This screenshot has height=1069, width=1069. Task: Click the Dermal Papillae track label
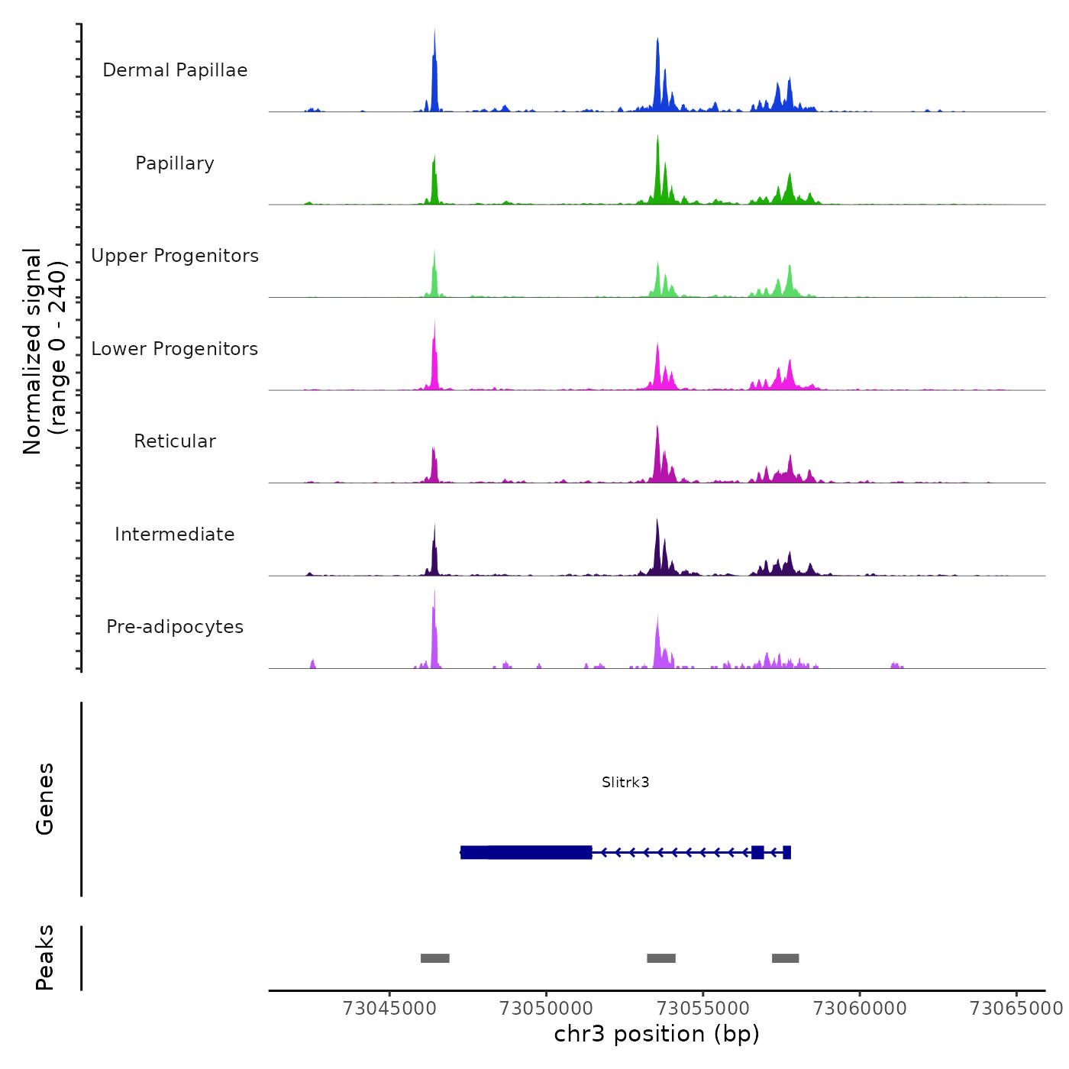tap(175, 70)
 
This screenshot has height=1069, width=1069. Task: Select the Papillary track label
tap(175, 163)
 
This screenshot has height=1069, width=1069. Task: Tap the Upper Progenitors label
tap(175, 256)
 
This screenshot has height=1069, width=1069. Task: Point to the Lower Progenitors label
tap(175, 349)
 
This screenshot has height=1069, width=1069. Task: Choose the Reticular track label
tap(175, 441)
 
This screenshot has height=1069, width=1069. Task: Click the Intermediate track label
tap(175, 534)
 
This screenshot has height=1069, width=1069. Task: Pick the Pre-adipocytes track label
tap(175, 627)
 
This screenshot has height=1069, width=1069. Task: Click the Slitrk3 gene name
tap(625, 782)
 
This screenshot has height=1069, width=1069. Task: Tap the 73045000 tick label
tap(389, 1008)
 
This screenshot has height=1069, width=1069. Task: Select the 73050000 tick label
tap(546, 1008)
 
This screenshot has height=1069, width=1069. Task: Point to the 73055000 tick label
tap(703, 1008)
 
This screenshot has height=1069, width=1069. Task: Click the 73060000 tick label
tap(860, 1008)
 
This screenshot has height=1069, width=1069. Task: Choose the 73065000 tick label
tap(1016, 1008)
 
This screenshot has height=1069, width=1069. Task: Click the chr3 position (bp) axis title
tap(657, 1034)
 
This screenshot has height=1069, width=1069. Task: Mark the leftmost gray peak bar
tap(434, 958)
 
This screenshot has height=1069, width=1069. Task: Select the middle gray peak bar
tap(661, 958)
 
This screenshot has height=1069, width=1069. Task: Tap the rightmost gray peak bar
tap(785, 958)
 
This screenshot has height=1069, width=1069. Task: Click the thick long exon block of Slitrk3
tap(527, 852)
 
